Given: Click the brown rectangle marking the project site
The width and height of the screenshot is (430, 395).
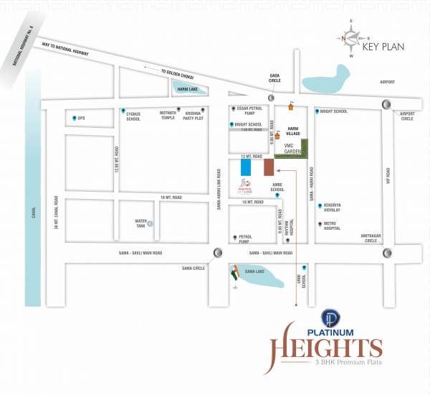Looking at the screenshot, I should point(269,167).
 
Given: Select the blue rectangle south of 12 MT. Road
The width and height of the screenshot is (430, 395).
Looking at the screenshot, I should point(246,167).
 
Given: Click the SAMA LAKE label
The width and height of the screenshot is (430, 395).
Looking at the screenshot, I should point(255,271).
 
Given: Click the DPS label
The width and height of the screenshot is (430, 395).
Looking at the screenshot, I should point(81,117).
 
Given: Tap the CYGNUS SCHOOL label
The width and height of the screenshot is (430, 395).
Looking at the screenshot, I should point(133,117).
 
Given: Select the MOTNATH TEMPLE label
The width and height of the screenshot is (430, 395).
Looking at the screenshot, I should point(167,116).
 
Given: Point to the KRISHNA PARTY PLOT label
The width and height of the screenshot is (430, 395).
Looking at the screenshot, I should point(193,116).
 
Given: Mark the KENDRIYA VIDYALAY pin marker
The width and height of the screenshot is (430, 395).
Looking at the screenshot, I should point(319,205).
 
